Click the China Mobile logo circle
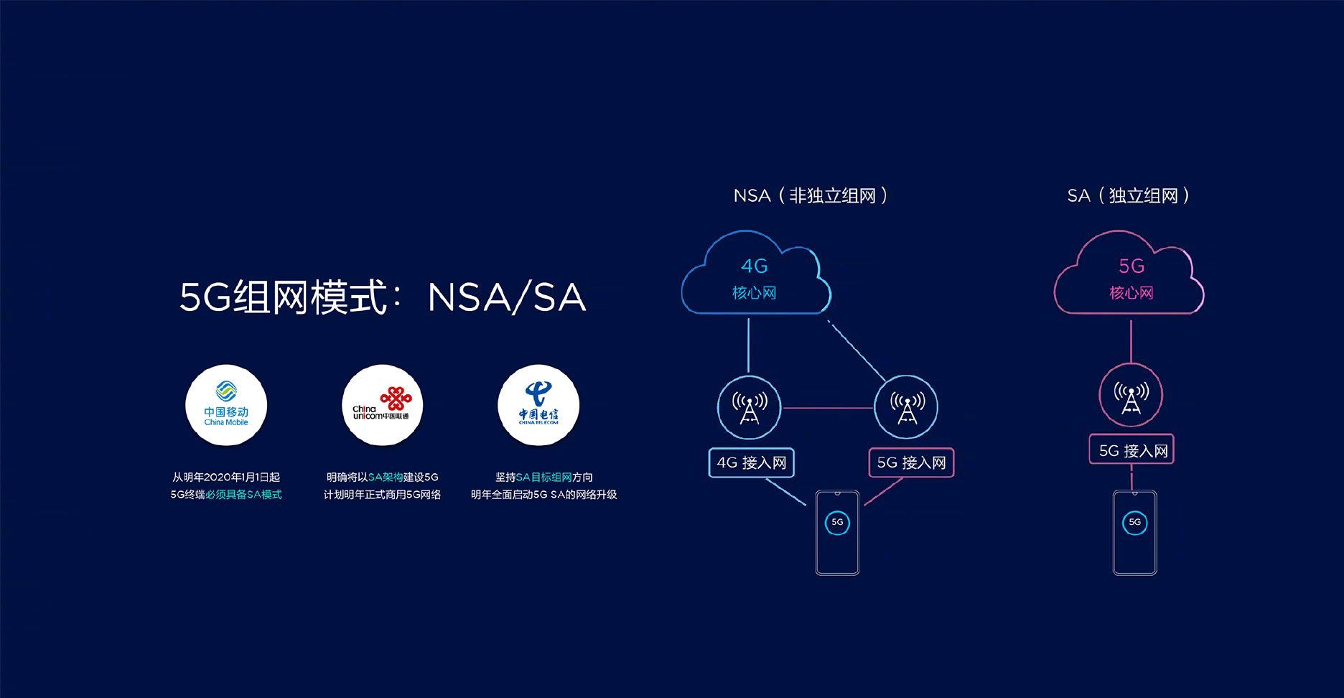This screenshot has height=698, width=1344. [x=226, y=406]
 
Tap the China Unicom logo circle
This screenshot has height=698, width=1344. [x=382, y=406]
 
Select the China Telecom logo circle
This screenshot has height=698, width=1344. [x=538, y=406]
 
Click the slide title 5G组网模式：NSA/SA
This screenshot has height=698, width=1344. [x=382, y=297]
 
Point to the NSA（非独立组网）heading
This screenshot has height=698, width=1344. [x=811, y=195]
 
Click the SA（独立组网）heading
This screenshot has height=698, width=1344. [x=1129, y=195]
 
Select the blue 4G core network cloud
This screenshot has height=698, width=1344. [x=755, y=276]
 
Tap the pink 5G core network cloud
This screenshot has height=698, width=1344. [x=1129, y=276]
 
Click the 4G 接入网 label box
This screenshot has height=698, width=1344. [x=752, y=462]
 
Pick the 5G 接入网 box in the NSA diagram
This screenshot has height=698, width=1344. [x=911, y=462]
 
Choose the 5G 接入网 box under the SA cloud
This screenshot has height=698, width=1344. [x=1131, y=450]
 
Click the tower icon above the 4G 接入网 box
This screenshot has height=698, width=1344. [x=750, y=407]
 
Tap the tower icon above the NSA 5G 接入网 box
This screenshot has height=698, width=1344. [x=906, y=407]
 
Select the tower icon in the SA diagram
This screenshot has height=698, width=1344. [x=1131, y=395]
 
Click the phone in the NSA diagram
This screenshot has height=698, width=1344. [x=837, y=532]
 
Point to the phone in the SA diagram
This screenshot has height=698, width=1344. [x=1134, y=532]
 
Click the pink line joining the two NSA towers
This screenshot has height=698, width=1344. [x=828, y=408]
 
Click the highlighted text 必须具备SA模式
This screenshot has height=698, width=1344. [x=243, y=494]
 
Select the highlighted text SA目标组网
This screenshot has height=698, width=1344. [x=543, y=477]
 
